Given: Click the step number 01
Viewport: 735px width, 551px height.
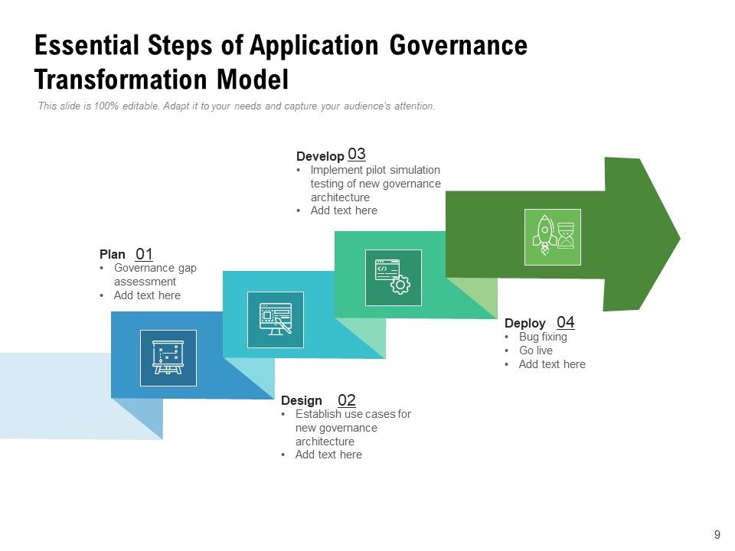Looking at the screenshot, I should [145, 254].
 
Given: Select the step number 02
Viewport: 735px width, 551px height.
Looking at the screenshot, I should [347, 400].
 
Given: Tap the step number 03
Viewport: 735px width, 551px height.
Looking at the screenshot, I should [357, 154].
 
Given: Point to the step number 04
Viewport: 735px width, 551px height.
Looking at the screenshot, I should [566, 322].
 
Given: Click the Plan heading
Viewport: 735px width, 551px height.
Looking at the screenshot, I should [112, 254].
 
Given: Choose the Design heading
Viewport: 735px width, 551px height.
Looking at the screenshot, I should [302, 400].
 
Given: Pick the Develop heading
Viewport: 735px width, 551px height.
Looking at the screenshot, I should [320, 156].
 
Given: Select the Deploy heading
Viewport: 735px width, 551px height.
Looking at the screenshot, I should [525, 323].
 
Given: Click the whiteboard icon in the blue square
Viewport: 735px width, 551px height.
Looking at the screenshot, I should [168, 357].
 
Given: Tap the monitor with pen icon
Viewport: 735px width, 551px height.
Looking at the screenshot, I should [276, 320].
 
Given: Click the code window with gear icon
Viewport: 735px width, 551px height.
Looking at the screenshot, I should [393, 277].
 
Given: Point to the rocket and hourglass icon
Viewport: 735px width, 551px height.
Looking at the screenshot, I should [552, 236].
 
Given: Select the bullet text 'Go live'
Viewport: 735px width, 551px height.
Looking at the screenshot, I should [535, 350].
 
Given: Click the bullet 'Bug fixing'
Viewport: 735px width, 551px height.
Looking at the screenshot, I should [543, 337].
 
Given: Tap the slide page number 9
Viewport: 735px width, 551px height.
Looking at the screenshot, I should [717, 535].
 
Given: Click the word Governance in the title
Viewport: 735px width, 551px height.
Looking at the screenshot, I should [459, 46].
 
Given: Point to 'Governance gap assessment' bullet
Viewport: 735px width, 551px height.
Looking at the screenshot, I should [155, 275].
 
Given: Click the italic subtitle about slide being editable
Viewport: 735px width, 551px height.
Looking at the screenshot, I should [237, 106].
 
